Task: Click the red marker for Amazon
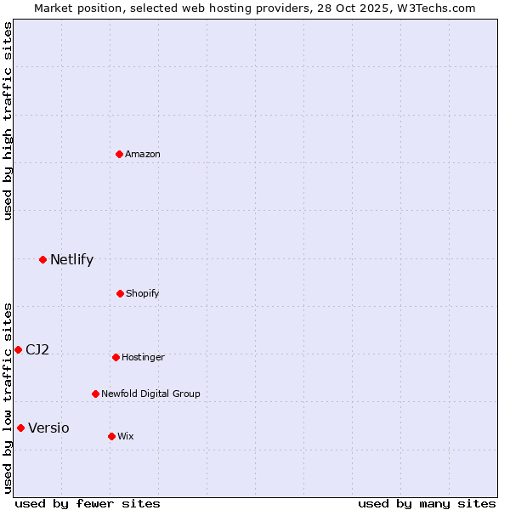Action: coord(120,154)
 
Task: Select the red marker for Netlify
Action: coord(43,259)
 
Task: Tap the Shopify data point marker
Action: coord(121,293)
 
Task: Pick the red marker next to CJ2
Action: coord(18,349)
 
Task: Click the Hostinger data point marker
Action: coord(116,357)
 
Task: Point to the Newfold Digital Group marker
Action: coord(96,394)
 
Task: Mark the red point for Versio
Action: coord(21,428)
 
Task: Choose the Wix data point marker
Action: coord(111,436)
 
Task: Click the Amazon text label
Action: coord(143,154)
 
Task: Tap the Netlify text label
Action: coord(71,260)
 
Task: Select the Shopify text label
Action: coord(143,293)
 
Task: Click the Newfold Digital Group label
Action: coord(150,394)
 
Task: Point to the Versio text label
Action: coord(48,428)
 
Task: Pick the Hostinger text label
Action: coord(143,357)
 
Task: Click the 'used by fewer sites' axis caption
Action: coord(88,503)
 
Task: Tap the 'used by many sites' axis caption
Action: coord(427,503)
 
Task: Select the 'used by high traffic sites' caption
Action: coord(8,121)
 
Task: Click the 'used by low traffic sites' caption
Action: coord(8,398)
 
